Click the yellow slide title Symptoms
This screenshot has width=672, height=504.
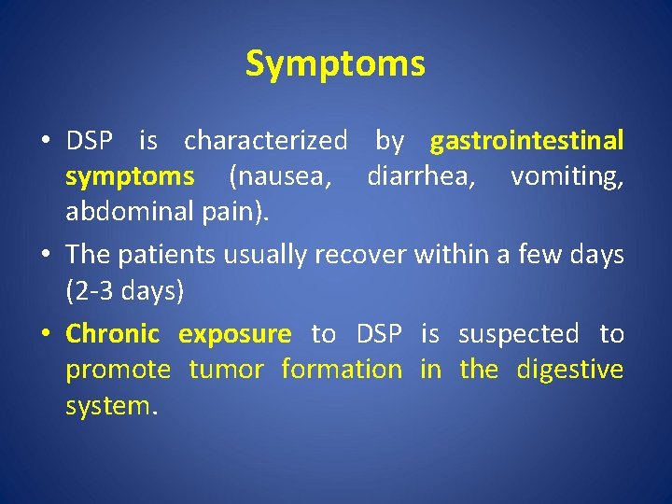coord(335,64)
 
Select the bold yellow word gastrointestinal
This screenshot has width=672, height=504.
coord(526,142)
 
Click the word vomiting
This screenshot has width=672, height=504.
coord(567,176)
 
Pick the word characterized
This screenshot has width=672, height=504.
coord(265,142)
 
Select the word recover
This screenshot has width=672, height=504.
coord(361,255)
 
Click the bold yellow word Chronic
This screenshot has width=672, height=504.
coord(113,334)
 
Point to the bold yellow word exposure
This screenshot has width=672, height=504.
coord(235,334)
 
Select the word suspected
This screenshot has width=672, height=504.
coord(518,334)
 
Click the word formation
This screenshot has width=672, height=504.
coord(342,370)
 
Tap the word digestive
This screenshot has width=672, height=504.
coord(568,370)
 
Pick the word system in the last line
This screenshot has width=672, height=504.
coord(106,405)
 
